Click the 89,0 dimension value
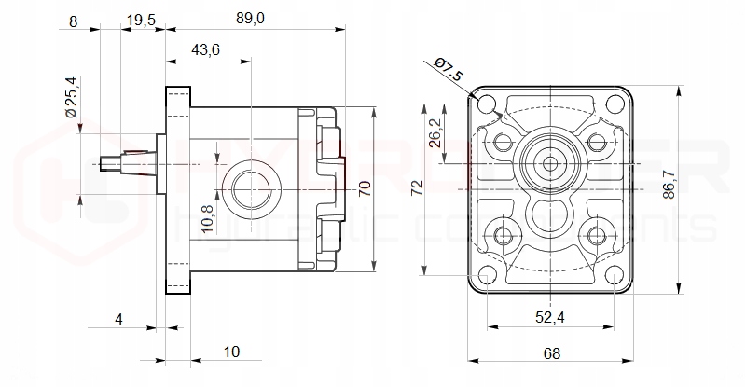[x=251, y=19]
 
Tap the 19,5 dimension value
[x=141, y=19]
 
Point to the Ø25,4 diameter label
[x=70, y=96]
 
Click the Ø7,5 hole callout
[x=449, y=69]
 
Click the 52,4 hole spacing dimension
[x=551, y=317]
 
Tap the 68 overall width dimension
[x=552, y=352]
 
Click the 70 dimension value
[x=365, y=186]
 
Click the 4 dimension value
[x=118, y=318]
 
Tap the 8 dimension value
[x=74, y=19]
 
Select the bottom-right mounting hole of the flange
[x=615, y=274]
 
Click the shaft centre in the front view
[x=550, y=164]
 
